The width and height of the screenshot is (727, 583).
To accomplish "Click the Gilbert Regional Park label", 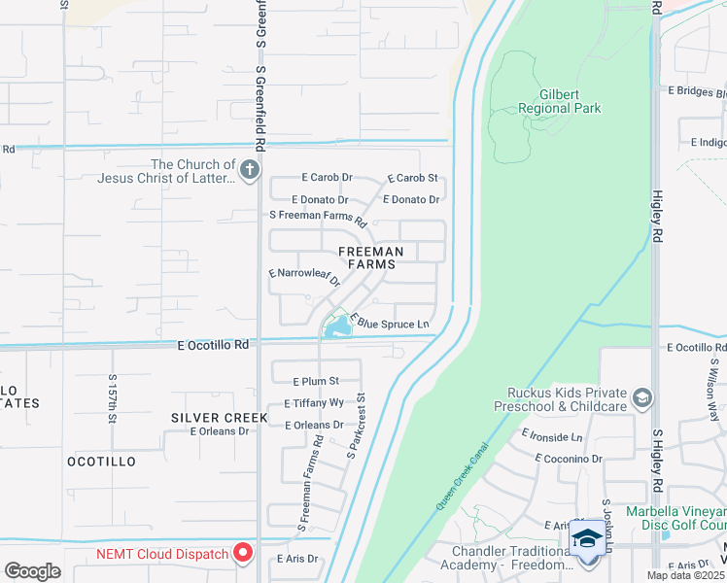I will click(548, 101).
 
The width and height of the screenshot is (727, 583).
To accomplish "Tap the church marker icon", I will click(250, 172).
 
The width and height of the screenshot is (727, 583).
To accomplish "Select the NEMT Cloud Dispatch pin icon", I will click(243, 554).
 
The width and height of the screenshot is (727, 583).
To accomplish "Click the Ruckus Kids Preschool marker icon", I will click(641, 397).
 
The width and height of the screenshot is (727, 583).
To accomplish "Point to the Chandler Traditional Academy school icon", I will click(587, 538).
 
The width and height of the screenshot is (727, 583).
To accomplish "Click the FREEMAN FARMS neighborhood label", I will click(369, 257).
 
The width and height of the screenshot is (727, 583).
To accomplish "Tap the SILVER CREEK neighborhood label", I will click(205, 417).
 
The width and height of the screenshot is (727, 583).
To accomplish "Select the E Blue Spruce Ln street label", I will click(390, 322).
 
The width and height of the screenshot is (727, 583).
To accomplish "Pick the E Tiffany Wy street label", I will click(314, 402).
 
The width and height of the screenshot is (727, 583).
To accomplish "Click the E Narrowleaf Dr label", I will click(304, 279).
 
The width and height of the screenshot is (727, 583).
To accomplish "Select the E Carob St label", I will click(413, 178).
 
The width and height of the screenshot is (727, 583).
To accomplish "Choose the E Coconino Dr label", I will click(569, 458).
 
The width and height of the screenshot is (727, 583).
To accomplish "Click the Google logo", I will click(32, 571).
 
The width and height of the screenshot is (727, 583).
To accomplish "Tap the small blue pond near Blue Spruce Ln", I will click(337, 330).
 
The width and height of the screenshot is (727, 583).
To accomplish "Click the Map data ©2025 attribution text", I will click(685, 576).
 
